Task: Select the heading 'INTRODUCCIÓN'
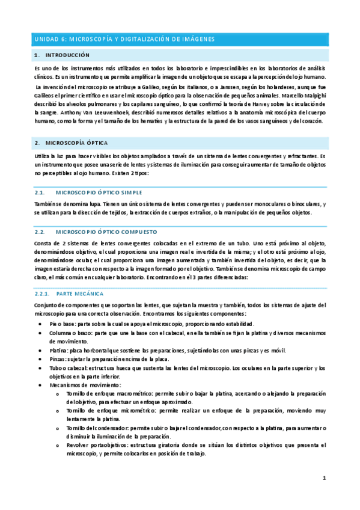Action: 67,55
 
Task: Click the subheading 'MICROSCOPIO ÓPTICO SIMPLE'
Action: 99,192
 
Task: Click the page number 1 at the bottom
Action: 323,478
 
